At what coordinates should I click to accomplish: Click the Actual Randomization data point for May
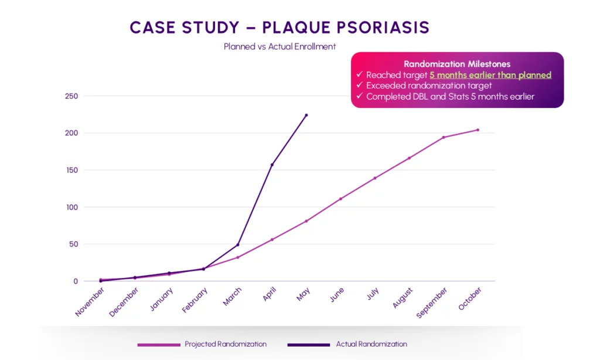coord(306,115)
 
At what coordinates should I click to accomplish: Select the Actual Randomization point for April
coord(272,165)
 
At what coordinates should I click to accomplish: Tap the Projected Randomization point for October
coord(478,130)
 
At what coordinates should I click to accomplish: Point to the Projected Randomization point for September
coord(444,137)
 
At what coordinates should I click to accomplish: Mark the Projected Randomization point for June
coord(340,199)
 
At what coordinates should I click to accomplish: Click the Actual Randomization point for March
coord(238,244)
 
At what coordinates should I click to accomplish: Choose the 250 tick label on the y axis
coord(71,96)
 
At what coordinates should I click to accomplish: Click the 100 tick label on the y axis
coord(71,207)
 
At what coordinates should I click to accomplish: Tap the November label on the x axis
coord(90,302)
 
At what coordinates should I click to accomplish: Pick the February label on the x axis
coord(195,300)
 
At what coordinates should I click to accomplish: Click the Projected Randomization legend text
coord(225,344)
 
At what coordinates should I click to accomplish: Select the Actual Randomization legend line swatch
coord(309,345)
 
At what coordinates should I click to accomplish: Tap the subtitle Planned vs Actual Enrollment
coord(279,46)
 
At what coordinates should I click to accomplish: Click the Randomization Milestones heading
coord(457,64)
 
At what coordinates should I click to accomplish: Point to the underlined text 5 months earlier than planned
coord(490,75)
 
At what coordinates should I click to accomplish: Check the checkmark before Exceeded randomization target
coord(359,86)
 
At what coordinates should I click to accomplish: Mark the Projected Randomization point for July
coord(375,178)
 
